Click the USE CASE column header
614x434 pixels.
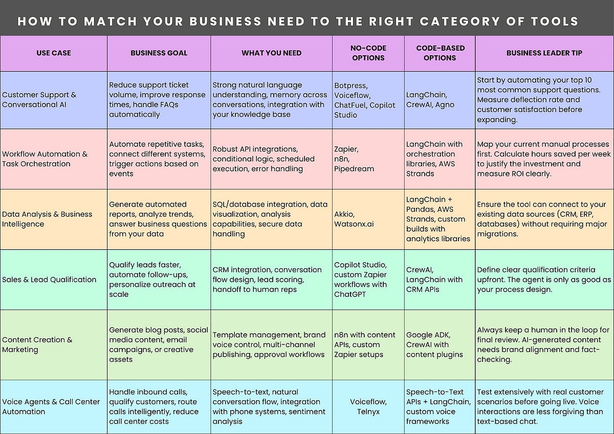[x=54, y=53]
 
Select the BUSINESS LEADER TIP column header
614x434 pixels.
[x=544, y=53]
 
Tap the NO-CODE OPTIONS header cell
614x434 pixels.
[x=368, y=53]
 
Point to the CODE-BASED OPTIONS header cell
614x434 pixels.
[x=440, y=53]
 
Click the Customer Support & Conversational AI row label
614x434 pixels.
[x=39, y=100]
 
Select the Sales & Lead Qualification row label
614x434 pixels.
[x=49, y=279]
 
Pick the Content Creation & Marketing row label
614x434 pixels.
[x=37, y=344]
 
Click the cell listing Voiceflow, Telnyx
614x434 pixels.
[x=368, y=407]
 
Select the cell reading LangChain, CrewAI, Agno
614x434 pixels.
[x=430, y=100]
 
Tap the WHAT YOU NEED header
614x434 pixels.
[x=272, y=53]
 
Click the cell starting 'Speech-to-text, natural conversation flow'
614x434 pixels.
[x=269, y=407]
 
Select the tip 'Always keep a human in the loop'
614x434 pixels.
[x=543, y=344]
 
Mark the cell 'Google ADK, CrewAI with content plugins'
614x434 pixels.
[x=434, y=344]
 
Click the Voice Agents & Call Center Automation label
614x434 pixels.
[x=51, y=407]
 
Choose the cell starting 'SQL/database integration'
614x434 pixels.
[x=270, y=219]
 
